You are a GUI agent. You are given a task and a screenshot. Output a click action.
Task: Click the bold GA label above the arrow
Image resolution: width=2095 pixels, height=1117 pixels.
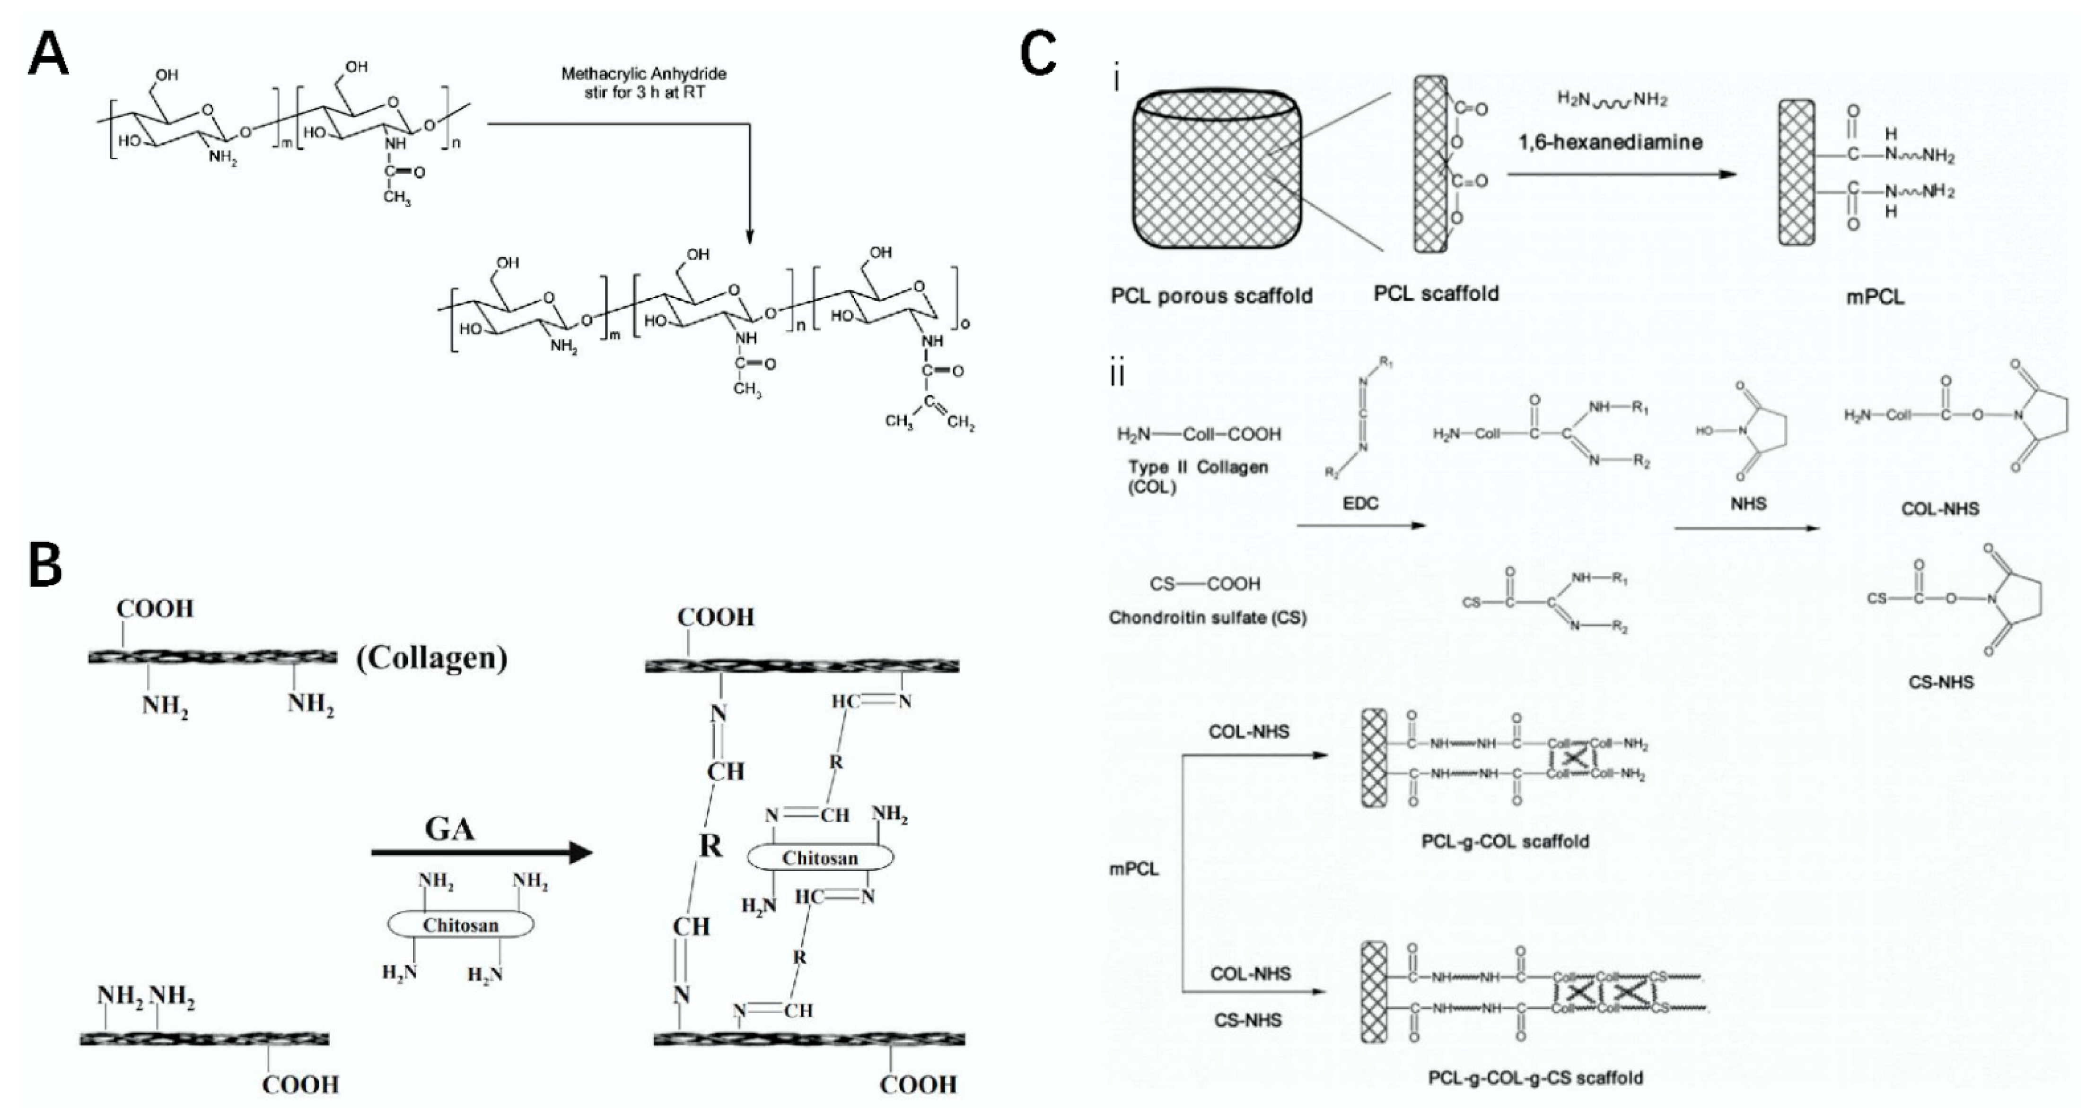point(450,829)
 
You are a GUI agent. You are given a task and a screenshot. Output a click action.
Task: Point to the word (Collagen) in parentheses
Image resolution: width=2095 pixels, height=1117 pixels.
point(431,658)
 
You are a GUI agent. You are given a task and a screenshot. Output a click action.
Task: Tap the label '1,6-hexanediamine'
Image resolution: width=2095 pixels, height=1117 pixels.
point(1610,142)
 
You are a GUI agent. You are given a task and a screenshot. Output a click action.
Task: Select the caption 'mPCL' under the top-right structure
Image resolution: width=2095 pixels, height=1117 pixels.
point(1875,297)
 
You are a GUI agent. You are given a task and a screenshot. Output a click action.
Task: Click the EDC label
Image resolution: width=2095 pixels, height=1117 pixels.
point(1360,503)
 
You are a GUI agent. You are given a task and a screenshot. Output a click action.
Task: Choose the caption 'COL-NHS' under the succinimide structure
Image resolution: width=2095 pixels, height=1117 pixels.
point(1940,509)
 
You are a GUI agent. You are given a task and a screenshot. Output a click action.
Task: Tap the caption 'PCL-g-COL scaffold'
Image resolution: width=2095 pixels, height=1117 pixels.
point(1505,841)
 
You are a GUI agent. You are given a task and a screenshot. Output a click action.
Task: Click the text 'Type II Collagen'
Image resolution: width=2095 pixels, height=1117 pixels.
point(1198,468)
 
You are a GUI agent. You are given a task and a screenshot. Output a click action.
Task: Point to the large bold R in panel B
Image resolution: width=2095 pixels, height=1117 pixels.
point(710,846)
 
